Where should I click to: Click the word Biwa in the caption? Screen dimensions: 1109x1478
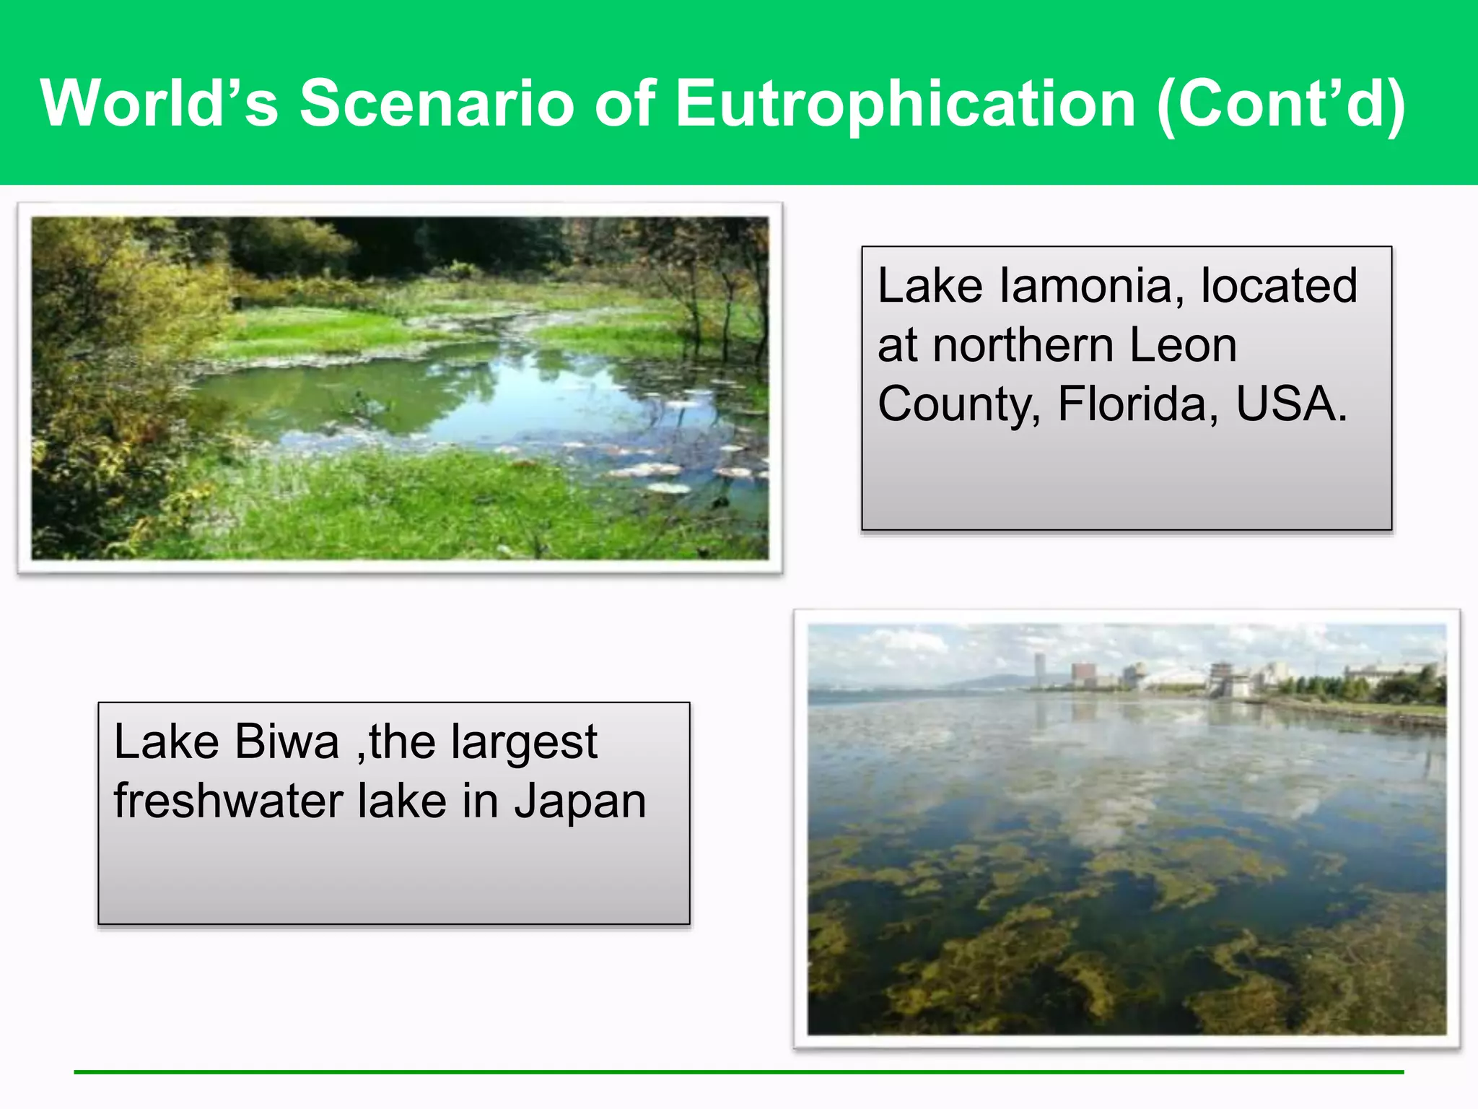pyautogui.click(x=287, y=741)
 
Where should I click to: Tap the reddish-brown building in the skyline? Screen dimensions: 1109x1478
pyautogui.click(x=1084, y=674)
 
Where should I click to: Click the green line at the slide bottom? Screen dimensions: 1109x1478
pyautogui.click(x=739, y=1072)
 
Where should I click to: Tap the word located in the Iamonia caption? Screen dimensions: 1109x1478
pyautogui.click(x=1279, y=286)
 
